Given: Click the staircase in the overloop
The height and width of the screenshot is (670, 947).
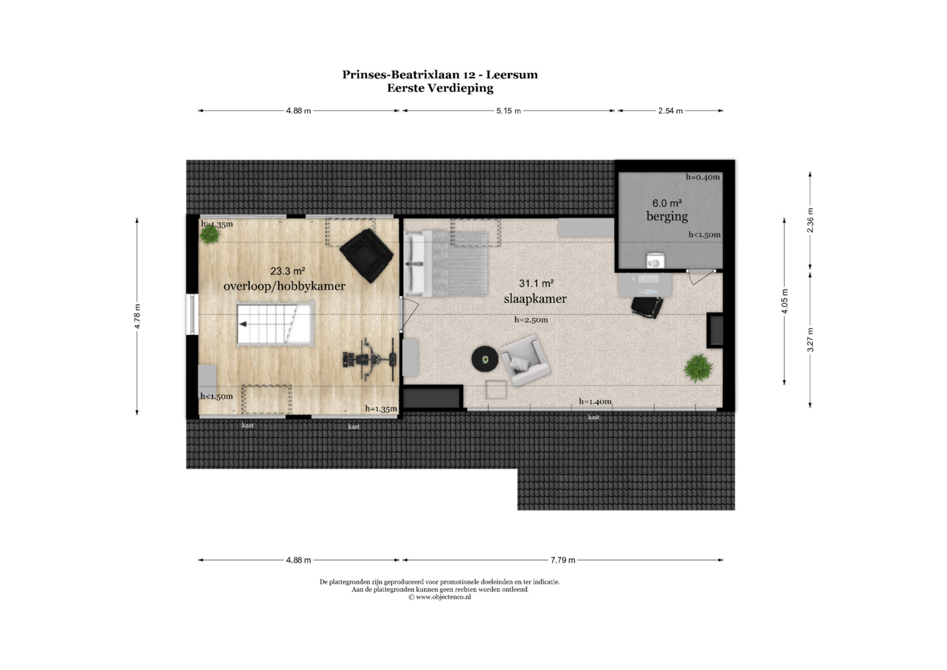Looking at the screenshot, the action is pyautogui.click(x=275, y=324).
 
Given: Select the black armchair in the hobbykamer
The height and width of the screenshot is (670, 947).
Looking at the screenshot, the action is pyautogui.click(x=367, y=256).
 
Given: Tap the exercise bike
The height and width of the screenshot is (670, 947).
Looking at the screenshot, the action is pyautogui.click(x=370, y=360).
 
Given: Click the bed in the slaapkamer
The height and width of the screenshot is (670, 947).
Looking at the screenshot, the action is pyautogui.click(x=447, y=263).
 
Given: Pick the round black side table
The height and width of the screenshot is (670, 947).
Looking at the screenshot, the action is pyautogui.click(x=485, y=359).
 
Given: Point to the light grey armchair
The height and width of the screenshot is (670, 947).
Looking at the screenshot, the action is pyautogui.click(x=525, y=360).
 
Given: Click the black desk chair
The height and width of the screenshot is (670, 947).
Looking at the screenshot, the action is pyautogui.click(x=647, y=306).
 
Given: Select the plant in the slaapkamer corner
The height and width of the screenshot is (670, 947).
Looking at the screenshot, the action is pyautogui.click(x=698, y=368).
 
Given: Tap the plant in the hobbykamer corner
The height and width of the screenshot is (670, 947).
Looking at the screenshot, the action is pyautogui.click(x=210, y=234).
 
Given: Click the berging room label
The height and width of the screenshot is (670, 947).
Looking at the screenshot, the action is pyautogui.click(x=667, y=216).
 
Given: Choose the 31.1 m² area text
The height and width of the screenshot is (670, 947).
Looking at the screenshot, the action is pyautogui.click(x=536, y=284).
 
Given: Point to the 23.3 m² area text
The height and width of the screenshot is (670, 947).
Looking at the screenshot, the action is pyautogui.click(x=288, y=270).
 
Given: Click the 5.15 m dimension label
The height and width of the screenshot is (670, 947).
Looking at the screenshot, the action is pyautogui.click(x=508, y=111).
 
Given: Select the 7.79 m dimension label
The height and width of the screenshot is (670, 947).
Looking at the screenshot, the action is pyautogui.click(x=562, y=560).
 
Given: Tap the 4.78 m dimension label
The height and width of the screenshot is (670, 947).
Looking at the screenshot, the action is pyautogui.click(x=137, y=316).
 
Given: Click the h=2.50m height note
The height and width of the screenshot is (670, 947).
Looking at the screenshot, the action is pyautogui.click(x=531, y=320).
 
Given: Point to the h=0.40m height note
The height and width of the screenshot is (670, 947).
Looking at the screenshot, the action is pyautogui.click(x=703, y=177).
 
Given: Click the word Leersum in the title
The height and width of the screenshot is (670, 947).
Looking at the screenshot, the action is pyautogui.click(x=512, y=75).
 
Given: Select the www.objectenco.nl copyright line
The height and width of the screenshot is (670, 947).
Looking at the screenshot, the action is pyautogui.click(x=439, y=597).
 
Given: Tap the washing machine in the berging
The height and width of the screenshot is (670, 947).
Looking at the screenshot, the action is pyautogui.click(x=655, y=261).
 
